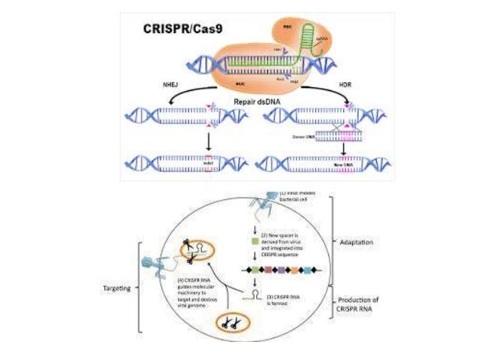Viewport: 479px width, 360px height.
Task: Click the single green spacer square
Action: click(254, 240)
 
